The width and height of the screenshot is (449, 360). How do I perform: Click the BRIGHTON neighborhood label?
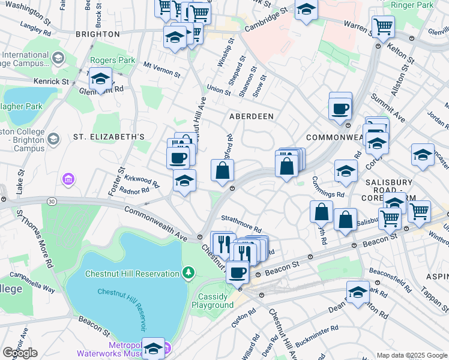point(98,35)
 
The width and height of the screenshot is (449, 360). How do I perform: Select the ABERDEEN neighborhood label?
point(251,116)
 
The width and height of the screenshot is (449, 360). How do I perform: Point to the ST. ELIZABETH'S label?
point(109,137)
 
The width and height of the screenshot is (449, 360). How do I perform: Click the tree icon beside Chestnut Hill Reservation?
point(189,274)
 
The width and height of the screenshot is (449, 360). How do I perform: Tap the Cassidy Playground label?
point(212,301)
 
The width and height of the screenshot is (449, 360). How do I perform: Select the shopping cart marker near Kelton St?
point(383,26)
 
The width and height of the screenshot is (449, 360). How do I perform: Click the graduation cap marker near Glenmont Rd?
point(100,80)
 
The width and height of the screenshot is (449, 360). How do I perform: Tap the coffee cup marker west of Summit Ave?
point(340,109)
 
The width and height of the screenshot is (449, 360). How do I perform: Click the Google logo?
point(20,352)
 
